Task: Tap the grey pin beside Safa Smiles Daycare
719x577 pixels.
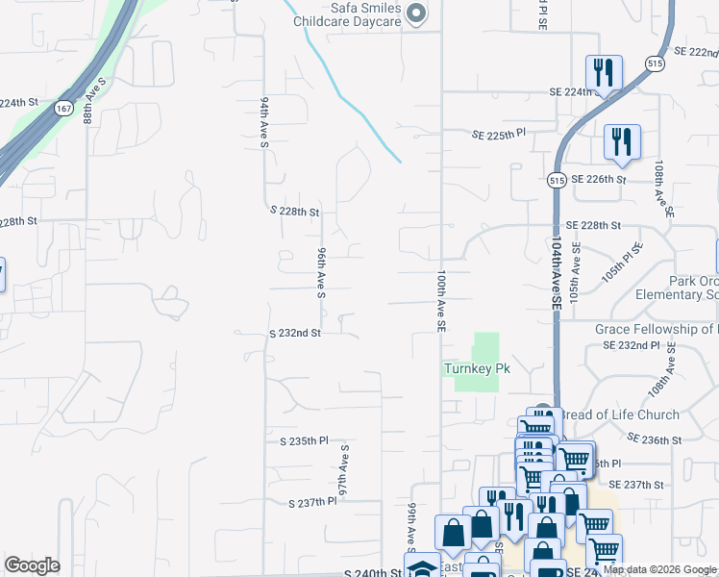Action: coord(416,13)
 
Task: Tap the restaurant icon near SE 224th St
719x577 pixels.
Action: coord(604,72)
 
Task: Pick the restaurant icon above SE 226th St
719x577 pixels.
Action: coord(622,141)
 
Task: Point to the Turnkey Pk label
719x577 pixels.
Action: coord(476,368)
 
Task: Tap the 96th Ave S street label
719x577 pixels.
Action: coord(322,270)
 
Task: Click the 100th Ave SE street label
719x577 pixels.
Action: coord(440,301)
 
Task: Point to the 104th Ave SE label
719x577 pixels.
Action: coord(556,274)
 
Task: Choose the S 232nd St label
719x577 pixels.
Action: coord(294,333)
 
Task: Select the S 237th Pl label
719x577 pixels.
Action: coord(312,502)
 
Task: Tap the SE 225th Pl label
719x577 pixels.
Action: coord(499,136)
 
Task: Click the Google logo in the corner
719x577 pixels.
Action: coord(32,565)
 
